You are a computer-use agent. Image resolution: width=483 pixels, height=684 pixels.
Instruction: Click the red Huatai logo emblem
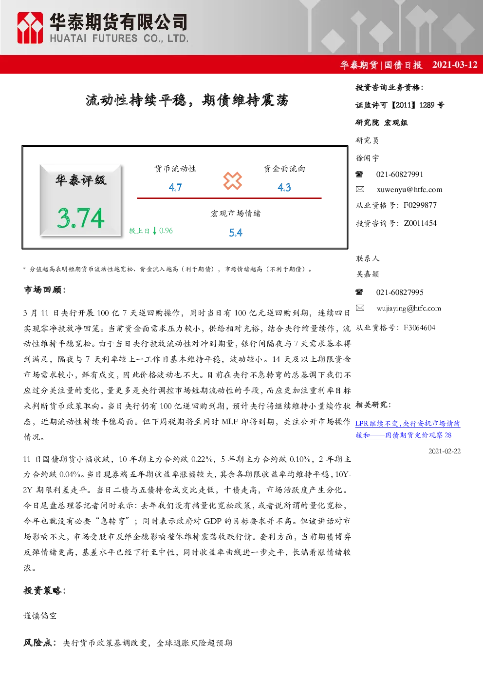click(30, 28)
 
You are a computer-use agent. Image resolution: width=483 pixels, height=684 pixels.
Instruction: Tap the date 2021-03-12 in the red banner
click(455, 65)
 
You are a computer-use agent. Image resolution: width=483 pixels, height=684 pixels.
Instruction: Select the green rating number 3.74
click(81, 218)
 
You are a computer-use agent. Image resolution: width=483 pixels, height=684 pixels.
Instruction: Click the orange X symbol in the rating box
click(232, 181)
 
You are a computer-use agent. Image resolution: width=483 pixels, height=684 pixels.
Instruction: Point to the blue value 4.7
click(175, 188)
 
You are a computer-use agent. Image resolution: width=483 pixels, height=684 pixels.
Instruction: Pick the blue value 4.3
click(284, 188)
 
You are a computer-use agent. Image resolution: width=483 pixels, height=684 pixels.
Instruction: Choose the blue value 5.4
click(236, 233)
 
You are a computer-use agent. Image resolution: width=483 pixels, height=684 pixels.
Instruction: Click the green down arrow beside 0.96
click(155, 231)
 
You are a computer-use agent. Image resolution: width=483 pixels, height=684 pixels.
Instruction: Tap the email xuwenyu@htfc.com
click(409, 190)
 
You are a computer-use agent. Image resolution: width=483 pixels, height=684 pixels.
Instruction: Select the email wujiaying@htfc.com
click(409, 308)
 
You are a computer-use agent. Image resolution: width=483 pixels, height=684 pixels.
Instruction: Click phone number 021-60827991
click(400, 175)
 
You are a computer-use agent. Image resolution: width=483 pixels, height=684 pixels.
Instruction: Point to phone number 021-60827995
click(400, 293)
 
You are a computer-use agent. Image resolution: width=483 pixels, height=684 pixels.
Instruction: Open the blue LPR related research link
click(408, 430)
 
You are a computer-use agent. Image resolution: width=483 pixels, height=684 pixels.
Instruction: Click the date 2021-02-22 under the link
click(445, 451)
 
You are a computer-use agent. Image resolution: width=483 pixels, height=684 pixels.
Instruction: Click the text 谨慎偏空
click(40, 616)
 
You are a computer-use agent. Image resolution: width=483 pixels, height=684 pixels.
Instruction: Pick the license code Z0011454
click(420, 223)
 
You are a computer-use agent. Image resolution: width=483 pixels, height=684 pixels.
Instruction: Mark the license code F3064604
click(420, 328)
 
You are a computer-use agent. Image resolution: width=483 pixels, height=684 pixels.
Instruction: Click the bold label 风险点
click(39, 643)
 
